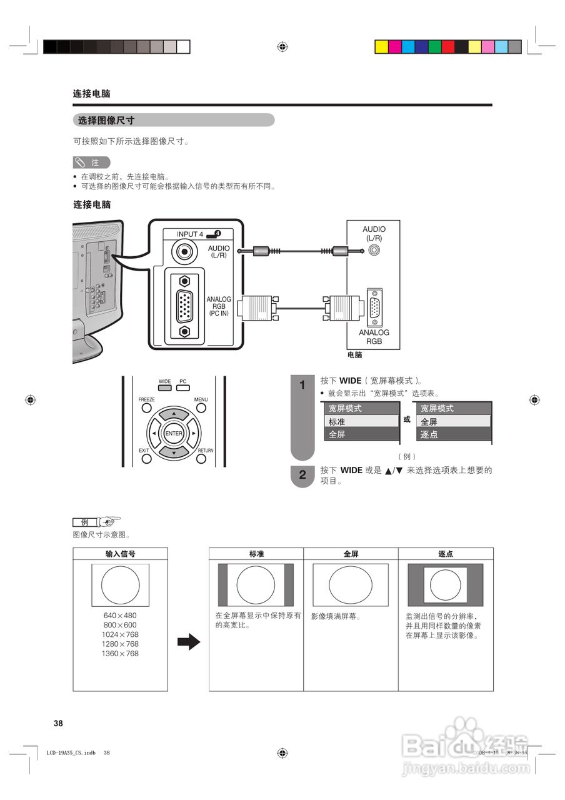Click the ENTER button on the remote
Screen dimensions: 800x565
174,433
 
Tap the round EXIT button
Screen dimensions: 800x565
146,459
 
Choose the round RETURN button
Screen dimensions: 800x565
201,459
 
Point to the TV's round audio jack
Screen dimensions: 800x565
184,252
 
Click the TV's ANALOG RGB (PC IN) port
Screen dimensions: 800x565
184,307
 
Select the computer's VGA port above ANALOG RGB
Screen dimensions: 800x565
374,307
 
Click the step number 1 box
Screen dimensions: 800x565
302,385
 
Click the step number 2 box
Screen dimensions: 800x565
302,475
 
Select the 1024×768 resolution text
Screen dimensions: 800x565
120,634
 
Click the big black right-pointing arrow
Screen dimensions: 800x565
188,642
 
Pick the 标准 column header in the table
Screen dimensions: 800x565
256,554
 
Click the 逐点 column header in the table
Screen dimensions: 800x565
446,554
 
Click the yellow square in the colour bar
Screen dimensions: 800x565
381,47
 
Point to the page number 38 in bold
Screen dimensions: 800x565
58,723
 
